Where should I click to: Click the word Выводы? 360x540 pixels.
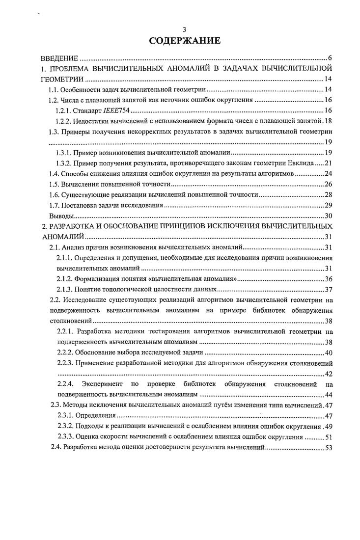point(61,216)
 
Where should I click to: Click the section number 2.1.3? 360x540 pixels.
point(64,289)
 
